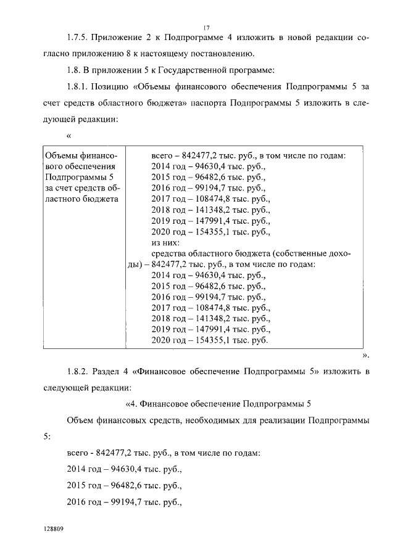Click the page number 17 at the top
point(206,26)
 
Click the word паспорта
point(207,102)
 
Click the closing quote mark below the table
point(365,355)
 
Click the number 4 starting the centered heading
point(131,404)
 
